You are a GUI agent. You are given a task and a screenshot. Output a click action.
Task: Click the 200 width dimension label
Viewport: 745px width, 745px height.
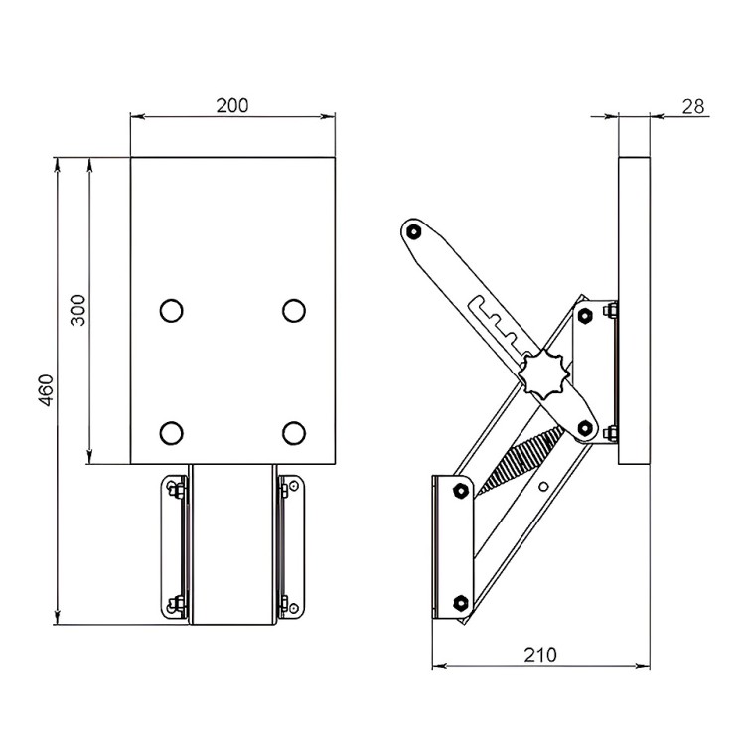[x=232, y=106]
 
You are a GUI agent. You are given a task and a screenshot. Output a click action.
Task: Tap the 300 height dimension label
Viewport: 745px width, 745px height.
[x=77, y=310]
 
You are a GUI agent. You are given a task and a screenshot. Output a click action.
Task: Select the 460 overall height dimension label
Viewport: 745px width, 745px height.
[x=46, y=390]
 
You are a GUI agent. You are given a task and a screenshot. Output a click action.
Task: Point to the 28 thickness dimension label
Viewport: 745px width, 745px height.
[x=693, y=107]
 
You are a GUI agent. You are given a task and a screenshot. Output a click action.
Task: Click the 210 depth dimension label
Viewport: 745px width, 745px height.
[x=540, y=655]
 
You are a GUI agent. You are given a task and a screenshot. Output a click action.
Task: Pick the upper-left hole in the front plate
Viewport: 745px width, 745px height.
[x=171, y=311]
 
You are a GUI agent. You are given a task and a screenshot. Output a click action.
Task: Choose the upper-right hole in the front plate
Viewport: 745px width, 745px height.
[x=294, y=311]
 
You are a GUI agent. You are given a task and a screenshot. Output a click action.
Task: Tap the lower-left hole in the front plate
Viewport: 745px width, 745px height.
[x=171, y=433]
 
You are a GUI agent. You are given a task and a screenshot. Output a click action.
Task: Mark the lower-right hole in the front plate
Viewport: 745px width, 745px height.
[x=294, y=433]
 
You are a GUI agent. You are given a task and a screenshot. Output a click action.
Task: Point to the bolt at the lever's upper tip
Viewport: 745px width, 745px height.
[x=414, y=231]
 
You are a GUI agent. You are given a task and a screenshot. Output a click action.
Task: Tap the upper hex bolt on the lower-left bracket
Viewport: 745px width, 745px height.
[x=460, y=491]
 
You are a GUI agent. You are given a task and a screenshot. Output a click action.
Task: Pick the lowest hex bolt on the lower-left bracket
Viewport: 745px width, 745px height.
[x=460, y=603]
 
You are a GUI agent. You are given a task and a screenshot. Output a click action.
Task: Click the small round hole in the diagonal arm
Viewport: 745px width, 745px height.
[x=544, y=486]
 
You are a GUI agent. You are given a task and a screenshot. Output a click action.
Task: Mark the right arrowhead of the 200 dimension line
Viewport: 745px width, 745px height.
[x=329, y=116]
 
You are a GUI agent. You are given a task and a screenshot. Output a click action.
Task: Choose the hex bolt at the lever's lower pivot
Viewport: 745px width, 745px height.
[x=585, y=428]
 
